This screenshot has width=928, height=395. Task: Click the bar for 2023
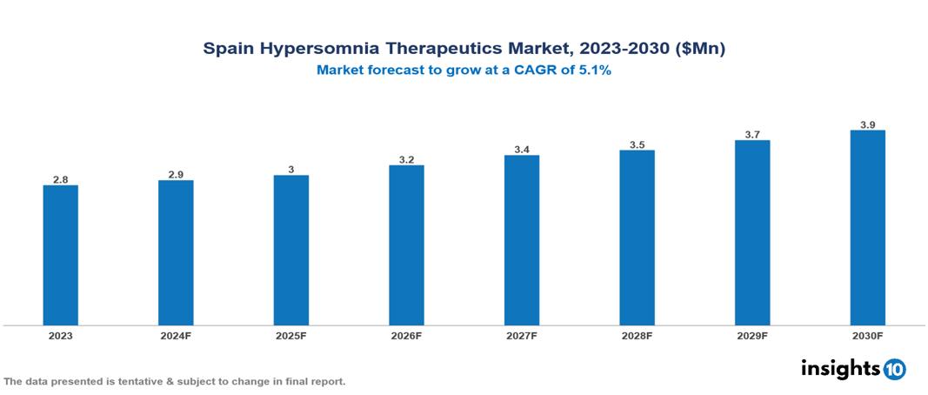[61, 255]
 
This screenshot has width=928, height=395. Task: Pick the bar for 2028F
[637, 238]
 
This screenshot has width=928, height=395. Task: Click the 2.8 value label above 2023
[61, 179]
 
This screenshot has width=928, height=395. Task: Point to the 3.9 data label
[867, 124]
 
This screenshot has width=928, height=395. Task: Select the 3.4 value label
[522, 150]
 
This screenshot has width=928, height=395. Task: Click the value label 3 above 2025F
[291, 170]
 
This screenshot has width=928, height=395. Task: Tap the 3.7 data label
[752, 135]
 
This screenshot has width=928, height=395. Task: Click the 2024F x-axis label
[176, 335]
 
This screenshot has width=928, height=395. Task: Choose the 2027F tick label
[522, 335]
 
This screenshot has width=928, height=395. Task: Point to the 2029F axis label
[752, 335]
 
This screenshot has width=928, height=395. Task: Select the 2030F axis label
[867, 335]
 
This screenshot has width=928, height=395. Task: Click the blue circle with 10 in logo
[895, 369]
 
